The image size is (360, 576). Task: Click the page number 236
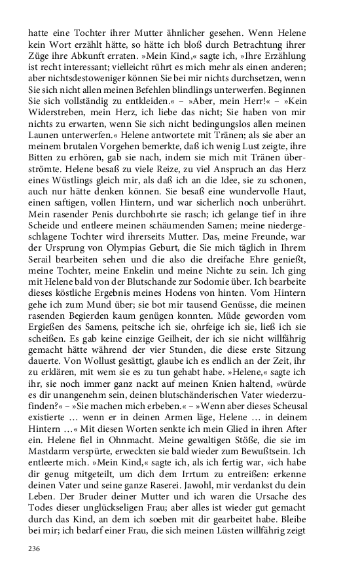(x=34, y=549)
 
